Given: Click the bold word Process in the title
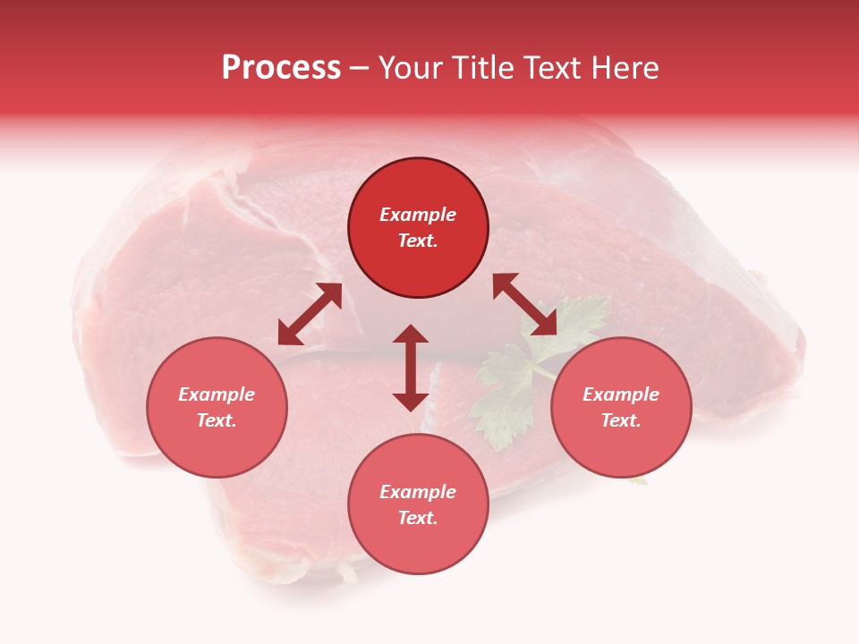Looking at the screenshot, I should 281,68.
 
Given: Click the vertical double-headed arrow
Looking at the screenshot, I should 411,368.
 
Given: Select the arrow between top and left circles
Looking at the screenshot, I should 310,314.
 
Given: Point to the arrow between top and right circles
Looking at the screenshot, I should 524,304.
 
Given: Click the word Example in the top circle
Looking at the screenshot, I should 418,215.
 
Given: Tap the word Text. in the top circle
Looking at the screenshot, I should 418,241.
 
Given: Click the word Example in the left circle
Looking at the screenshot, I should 217,394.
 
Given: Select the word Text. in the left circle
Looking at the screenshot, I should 217,420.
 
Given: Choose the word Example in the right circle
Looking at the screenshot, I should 621,394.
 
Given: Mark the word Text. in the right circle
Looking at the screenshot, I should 621,420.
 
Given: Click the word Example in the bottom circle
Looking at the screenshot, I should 418,492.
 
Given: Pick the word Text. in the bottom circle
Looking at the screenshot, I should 418,518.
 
